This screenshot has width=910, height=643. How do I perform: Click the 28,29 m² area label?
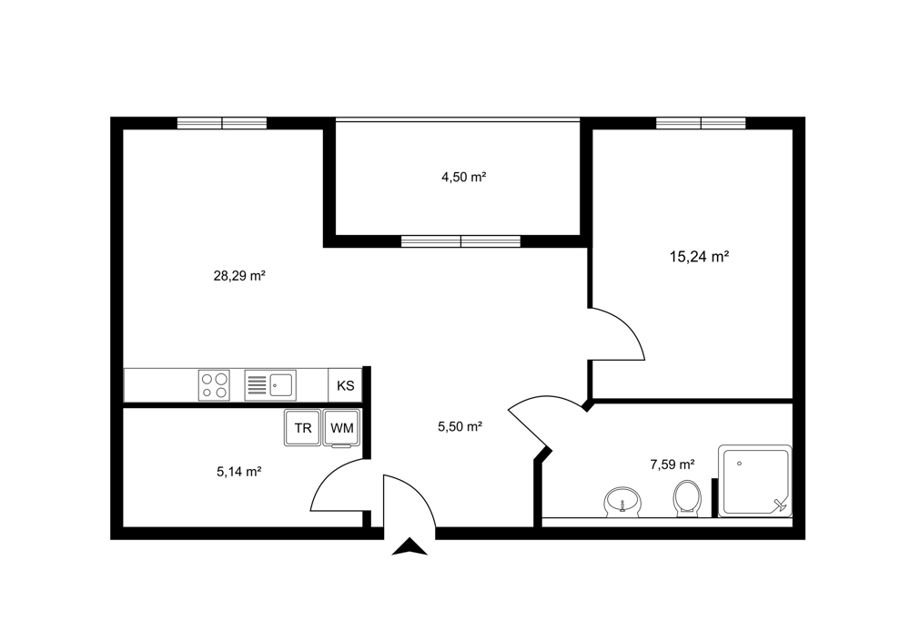(x=239, y=276)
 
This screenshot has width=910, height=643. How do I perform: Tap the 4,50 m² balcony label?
(x=463, y=178)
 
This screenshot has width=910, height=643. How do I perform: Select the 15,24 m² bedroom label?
(x=699, y=256)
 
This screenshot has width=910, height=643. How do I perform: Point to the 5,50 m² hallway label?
(x=460, y=427)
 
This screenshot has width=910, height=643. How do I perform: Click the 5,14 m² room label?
(x=238, y=472)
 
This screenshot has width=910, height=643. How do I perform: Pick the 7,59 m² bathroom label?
(x=672, y=464)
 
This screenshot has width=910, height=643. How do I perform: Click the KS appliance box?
(x=345, y=385)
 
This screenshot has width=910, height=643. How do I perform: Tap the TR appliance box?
(x=302, y=428)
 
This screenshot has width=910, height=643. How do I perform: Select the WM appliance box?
(x=342, y=428)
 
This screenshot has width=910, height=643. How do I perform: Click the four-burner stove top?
(x=214, y=385)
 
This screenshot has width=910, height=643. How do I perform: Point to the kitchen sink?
(x=270, y=385)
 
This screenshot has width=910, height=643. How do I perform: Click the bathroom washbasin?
(x=622, y=502)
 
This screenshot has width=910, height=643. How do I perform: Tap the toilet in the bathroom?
(x=688, y=498)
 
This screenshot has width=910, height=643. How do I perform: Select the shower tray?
(x=755, y=481)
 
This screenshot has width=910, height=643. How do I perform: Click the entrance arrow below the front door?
(x=409, y=546)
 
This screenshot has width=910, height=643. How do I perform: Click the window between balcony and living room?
(x=460, y=241)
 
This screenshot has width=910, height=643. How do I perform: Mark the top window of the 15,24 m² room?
(x=701, y=123)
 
